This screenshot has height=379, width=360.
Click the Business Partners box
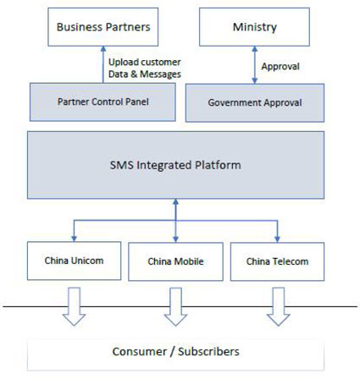click(x=103, y=27)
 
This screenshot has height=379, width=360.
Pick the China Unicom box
click(x=75, y=261)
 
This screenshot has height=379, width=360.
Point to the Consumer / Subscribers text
click(x=176, y=351)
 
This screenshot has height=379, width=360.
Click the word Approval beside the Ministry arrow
click(x=280, y=65)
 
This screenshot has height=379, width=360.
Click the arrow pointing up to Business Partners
click(x=103, y=64)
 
